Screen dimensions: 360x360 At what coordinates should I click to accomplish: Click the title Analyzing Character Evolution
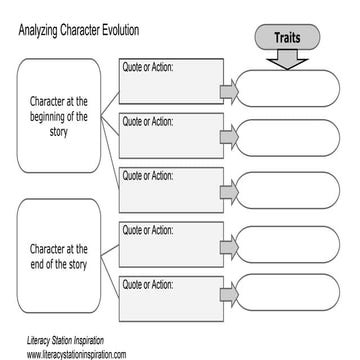(85, 31)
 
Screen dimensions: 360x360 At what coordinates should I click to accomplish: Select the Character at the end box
(59, 255)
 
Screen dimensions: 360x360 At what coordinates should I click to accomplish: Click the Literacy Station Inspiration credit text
(78, 340)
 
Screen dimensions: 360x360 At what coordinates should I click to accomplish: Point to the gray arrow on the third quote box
(230, 193)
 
